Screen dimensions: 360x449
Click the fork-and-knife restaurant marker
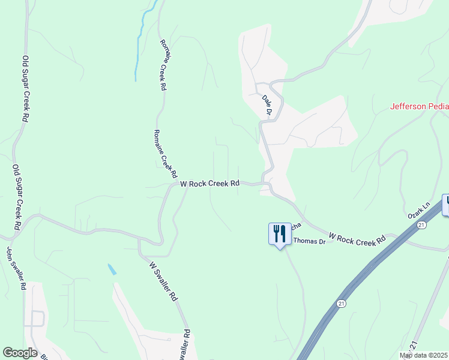(279, 233)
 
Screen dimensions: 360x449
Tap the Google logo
(20, 353)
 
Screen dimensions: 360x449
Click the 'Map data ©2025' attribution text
(423, 355)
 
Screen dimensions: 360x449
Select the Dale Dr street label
(268, 105)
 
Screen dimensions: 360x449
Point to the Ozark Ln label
(419, 213)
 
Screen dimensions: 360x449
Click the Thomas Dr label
(309, 241)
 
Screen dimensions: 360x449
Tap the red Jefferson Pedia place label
(419, 107)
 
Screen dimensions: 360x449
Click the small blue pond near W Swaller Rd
(112, 269)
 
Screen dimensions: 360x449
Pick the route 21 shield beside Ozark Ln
(423, 224)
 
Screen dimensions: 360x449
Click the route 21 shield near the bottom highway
(341, 304)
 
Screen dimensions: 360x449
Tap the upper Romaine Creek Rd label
(162, 65)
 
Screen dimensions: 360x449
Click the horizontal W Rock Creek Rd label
(210, 184)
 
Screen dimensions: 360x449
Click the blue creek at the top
(142, 36)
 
